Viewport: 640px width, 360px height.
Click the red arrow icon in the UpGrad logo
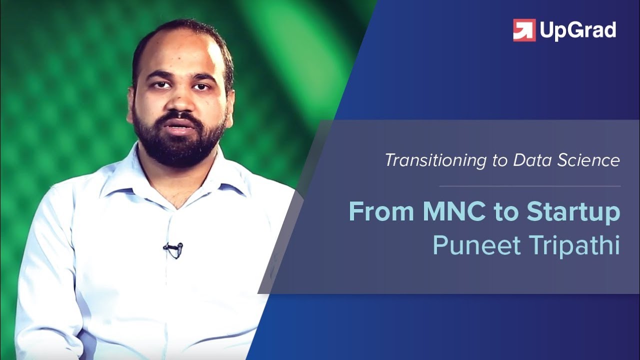point(524,30)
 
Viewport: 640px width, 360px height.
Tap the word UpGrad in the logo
point(577,31)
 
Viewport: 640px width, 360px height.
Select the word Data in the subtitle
point(531,160)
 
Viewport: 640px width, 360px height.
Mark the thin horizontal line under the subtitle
point(529,186)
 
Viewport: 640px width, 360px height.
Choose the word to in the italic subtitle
point(501,161)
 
